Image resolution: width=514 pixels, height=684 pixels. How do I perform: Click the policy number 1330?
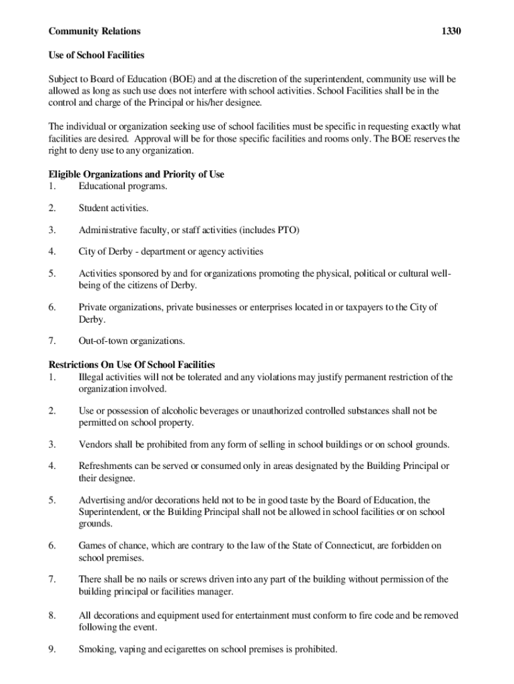point(451,31)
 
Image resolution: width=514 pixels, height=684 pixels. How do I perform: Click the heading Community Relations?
point(94,31)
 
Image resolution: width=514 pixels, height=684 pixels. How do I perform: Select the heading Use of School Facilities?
point(96,55)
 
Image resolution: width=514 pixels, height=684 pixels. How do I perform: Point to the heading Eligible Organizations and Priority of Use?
point(136,174)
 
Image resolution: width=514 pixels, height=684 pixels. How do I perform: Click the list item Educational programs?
point(122,186)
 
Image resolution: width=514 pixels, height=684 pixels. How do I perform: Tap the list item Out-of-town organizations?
point(132,341)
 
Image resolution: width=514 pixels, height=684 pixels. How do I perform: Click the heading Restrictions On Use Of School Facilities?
point(132,365)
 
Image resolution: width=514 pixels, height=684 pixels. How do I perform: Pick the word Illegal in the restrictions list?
point(92,377)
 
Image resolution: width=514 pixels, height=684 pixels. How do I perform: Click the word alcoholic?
point(174,411)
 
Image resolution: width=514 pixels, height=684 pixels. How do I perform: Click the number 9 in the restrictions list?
point(52,649)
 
